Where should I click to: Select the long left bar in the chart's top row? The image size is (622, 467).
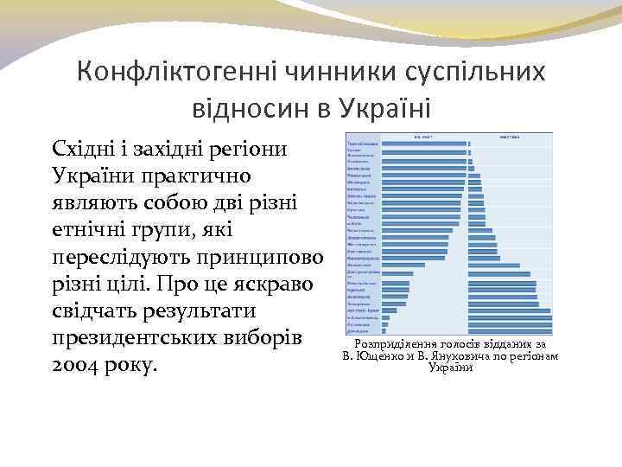423,144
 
